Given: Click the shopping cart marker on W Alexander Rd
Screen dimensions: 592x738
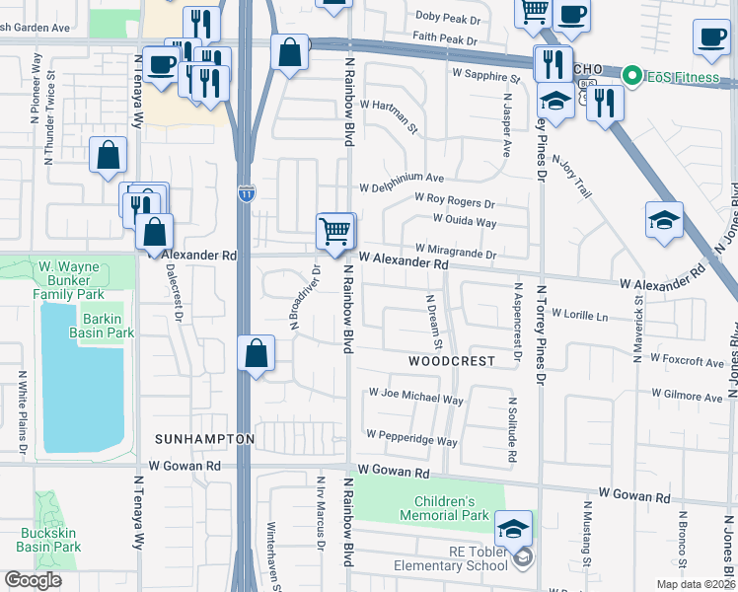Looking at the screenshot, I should tap(334, 231).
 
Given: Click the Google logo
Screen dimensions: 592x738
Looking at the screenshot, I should tap(33, 580).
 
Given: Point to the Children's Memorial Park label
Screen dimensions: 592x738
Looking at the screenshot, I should tap(444, 508).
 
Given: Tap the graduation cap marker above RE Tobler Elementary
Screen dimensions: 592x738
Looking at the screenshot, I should tap(513, 530).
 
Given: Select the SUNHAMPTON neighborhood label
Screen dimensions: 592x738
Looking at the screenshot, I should tap(204, 437).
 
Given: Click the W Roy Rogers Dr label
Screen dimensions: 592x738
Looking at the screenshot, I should tap(454, 201).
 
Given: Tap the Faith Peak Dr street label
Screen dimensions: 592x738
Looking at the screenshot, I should tap(447, 40).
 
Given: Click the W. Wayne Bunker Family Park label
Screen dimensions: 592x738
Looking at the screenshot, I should tap(69, 280).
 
